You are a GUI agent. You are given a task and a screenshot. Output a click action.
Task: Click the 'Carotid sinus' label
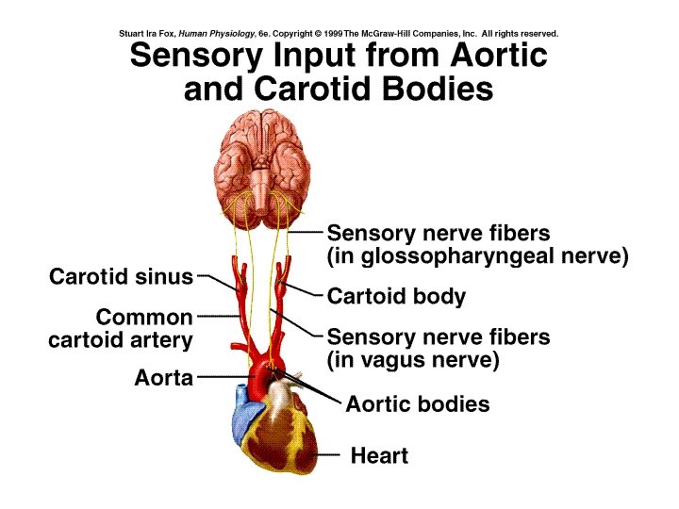click(120, 277)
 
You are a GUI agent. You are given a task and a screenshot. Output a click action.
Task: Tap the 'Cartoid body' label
click(396, 297)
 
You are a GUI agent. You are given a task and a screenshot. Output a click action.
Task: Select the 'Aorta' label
click(163, 379)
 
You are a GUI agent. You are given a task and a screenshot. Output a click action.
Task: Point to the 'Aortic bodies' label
click(418, 404)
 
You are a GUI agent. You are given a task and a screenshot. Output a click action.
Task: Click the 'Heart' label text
click(379, 456)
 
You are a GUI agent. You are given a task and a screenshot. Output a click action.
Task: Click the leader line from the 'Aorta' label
click(222, 377)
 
